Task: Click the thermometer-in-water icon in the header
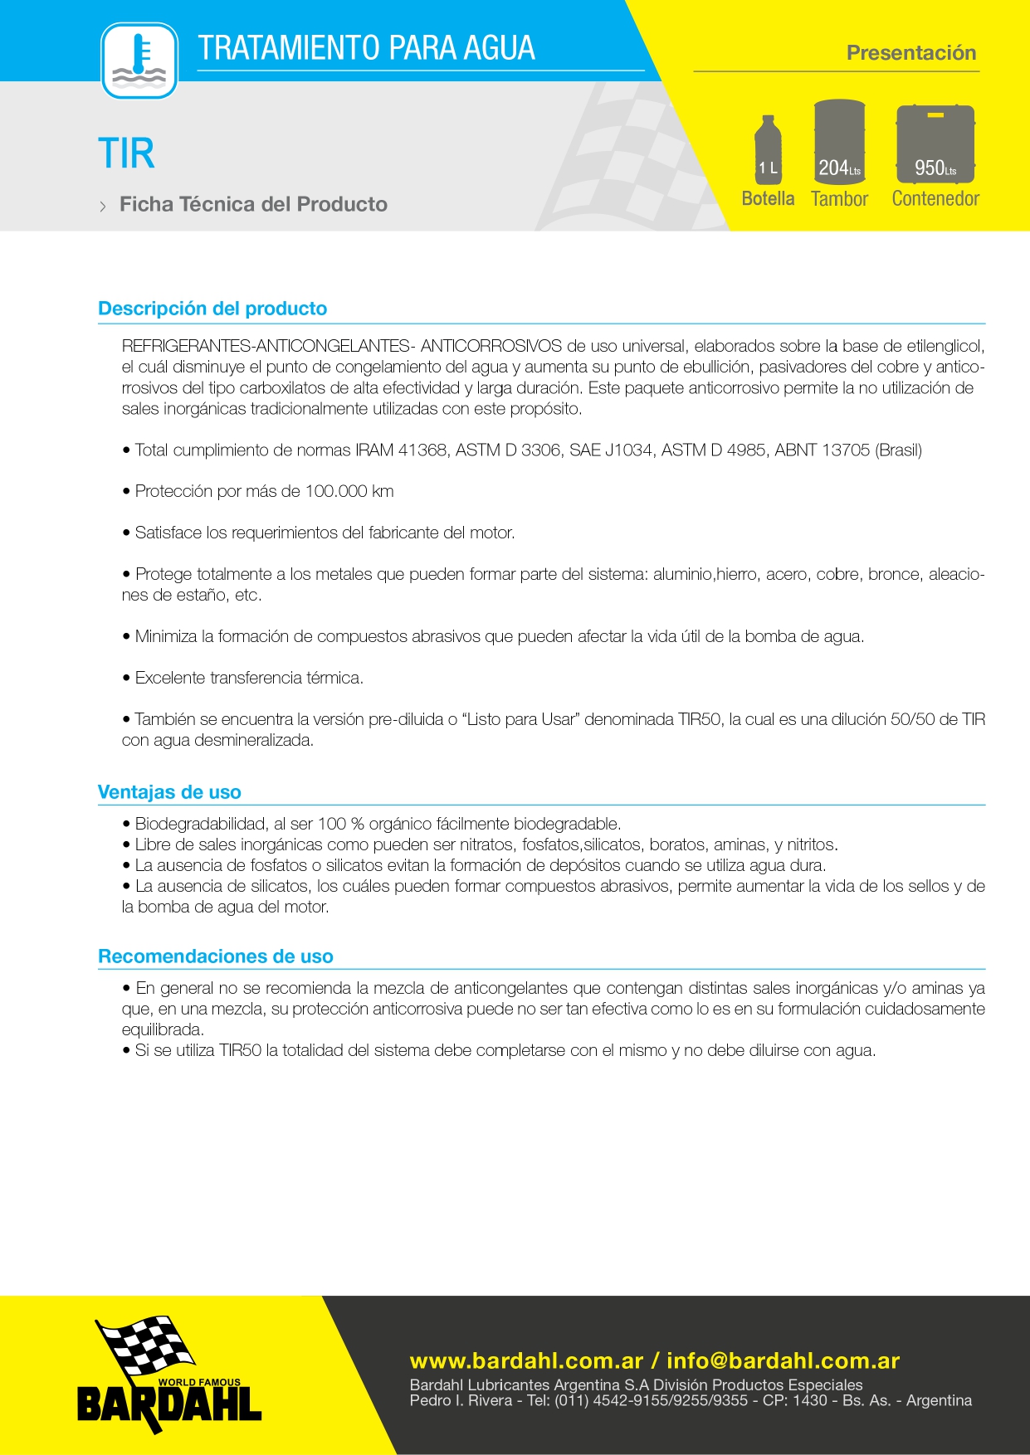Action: pos(139,61)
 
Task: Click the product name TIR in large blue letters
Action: pos(126,153)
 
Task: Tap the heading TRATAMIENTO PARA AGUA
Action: pos(366,48)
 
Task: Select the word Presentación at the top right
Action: pos(910,53)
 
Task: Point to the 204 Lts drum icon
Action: pos(839,141)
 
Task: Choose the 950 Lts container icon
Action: pos(935,144)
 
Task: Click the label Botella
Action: pos(768,199)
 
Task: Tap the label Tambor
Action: pos(839,199)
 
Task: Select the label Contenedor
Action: pos(935,199)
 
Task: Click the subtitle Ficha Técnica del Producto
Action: pos(253,205)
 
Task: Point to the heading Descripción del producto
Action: pos(212,309)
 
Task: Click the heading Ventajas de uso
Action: pos(169,792)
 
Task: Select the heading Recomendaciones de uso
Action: pos(216,956)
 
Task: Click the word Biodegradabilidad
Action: pos(199,824)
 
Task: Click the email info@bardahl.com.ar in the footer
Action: pos(783,1361)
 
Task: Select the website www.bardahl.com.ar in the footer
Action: pos(526,1361)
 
